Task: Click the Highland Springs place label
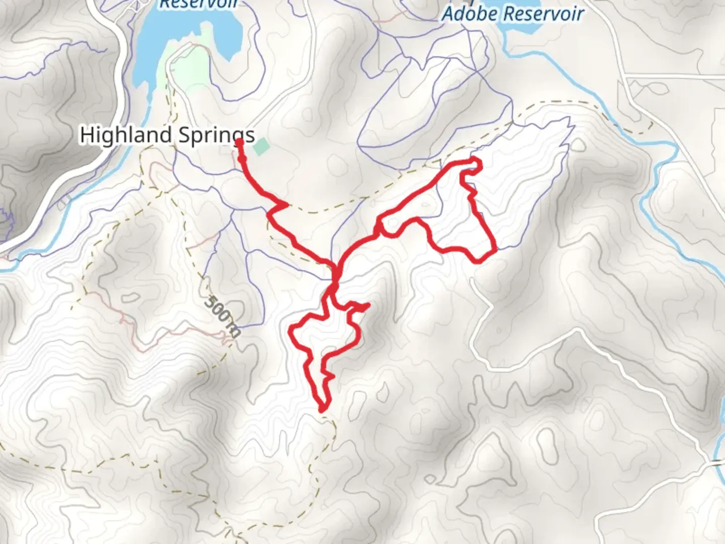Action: (167, 135)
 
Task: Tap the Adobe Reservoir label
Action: (513, 14)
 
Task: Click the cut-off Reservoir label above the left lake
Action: (198, 4)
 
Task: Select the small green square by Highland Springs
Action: (261, 148)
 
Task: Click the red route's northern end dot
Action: (240, 143)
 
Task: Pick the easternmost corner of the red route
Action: (496, 248)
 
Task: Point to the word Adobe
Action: (466, 14)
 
